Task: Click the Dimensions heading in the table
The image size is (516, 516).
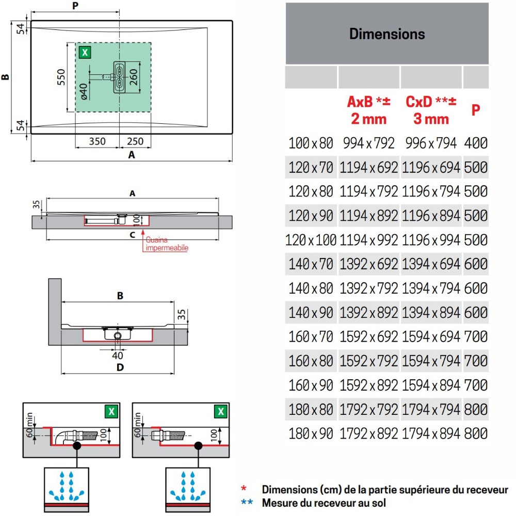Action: pos(387,34)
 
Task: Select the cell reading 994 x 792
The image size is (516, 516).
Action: pos(368,143)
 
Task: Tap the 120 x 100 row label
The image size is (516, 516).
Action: pos(311,240)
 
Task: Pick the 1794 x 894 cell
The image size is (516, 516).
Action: pos(431,433)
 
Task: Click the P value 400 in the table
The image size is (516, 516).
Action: pos(476,143)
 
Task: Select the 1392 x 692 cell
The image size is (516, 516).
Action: pos(368,264)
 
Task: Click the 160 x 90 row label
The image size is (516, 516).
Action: pos(311,385)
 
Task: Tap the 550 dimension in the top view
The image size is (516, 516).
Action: pos(61,77)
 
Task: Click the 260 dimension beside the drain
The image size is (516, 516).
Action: pos(133,77)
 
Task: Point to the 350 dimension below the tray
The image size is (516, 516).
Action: pos(98,141)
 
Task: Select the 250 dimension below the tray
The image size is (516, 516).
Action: pos(135,141)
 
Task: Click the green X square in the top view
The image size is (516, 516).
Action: pos(85,52)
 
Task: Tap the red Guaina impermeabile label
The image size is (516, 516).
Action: pos(167,244)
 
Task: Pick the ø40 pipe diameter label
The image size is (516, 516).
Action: pos(84,91)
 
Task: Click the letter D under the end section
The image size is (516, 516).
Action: pos(120,367)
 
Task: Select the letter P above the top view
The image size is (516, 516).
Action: pos(75,6)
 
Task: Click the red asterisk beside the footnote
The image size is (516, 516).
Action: pos(244,488)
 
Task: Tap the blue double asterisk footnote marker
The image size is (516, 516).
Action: pos(247,502)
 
